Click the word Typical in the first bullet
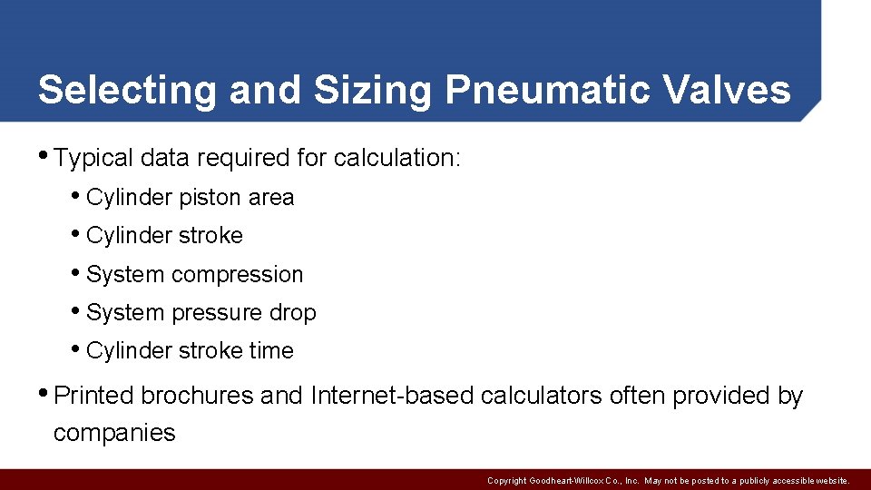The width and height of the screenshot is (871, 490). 93,158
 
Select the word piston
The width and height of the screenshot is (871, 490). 210,198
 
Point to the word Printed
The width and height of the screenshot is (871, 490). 94,396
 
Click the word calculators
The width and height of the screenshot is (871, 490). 541,396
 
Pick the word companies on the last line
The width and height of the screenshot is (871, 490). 114,433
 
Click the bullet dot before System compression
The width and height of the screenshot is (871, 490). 75,273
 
